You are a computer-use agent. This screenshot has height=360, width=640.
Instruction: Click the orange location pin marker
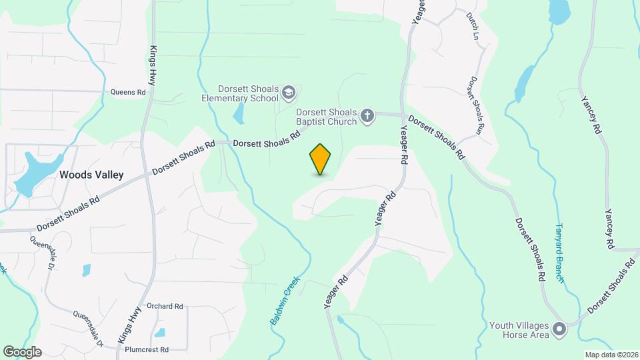[x=321, y=159]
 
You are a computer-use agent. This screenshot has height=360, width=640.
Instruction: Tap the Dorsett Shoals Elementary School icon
[x=289, y=91]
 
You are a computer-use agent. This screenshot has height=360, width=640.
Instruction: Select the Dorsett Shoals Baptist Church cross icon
[x=367, y=117]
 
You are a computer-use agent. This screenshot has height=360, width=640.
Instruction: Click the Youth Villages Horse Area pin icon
[x=559, y=328]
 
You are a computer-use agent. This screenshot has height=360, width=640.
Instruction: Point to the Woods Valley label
[x=91, y=175]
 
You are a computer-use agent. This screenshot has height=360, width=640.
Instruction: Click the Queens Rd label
[x=128, y=93]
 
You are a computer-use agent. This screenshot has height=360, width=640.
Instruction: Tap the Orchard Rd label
[x=165, y=307]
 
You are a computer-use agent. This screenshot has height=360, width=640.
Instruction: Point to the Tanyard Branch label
[x=560, y=253]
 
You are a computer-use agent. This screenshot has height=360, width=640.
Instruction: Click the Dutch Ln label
[x=473, y=25]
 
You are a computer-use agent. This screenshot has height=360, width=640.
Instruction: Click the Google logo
[x=22, y=352]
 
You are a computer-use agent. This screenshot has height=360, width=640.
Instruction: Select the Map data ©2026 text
[x=611, y=355]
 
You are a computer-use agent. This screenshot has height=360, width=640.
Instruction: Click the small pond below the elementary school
[x=239, y=115]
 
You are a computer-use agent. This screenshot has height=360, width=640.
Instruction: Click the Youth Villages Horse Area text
[x=519, y=330]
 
